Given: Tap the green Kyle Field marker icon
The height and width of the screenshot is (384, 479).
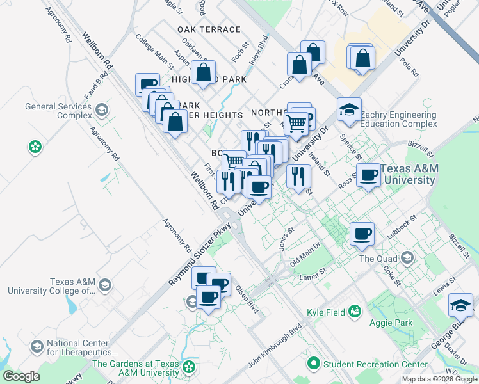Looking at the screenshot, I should [x=354, y=311].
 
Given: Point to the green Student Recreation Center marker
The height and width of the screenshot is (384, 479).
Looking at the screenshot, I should [x=313, y=364].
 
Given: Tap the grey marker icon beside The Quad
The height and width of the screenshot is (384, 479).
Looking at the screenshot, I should [x=407, y=258].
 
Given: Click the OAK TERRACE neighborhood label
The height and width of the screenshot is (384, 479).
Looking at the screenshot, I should [x=209, y=29].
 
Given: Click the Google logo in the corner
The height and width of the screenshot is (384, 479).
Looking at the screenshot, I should [x=21, y=376].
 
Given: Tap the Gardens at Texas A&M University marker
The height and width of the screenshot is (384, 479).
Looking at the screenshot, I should [x=188, y=367].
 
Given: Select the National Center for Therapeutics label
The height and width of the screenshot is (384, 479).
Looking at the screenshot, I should [x=81, y=348].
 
